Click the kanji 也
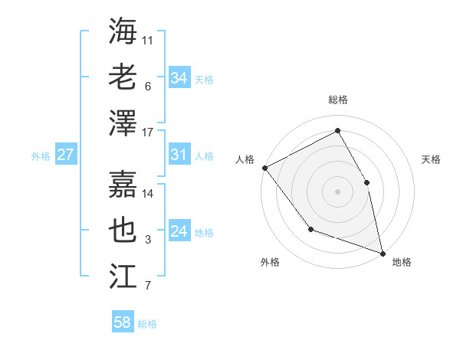123,229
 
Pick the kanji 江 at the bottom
123,274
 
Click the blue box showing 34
179,77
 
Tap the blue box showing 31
179,155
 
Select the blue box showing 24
179,232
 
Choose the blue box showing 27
65,155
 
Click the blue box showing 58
123,322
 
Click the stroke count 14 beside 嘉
149,193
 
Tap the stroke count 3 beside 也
148,241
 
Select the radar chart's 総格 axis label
338,100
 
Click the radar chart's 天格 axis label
432,159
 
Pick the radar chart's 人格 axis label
245,159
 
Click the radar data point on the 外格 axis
310,228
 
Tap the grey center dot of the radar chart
338,191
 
